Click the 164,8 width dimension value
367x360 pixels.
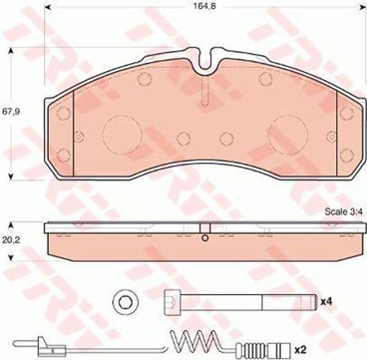coord(204,7)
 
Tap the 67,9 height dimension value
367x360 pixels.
coord(11,112)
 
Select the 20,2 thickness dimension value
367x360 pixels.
coord(11,240)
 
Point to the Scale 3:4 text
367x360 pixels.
coord(344,211)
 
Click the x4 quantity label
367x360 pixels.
coord(326,301)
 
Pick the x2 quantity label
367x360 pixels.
coord(300,349)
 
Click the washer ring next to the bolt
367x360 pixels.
coord(125,303)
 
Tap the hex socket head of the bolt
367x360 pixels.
coord(173,303)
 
